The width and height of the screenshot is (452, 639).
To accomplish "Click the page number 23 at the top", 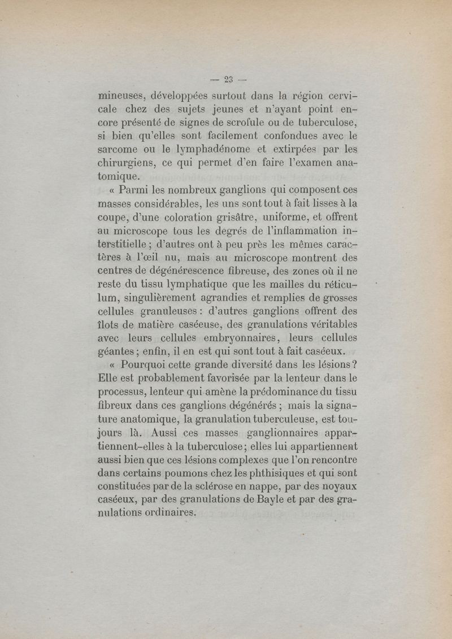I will [225, 79].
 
